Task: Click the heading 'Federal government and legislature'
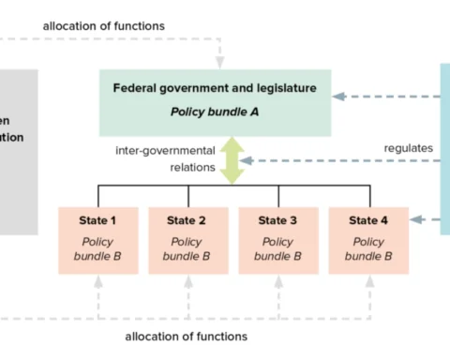pos(215,88)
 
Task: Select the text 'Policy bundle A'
pos(215,112)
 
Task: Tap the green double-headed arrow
pos(232,160)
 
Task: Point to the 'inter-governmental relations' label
pos(166,158)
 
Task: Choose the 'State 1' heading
pos(97,221)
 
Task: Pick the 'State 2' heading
pos(187,221)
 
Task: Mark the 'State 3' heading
pos(277,221)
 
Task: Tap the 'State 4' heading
pos(367,221)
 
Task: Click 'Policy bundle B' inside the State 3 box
pos(277,248)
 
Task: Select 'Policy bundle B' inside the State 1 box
pos(97,248)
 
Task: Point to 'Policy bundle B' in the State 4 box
pos(367,248)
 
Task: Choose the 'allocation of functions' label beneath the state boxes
pos(186,336)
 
